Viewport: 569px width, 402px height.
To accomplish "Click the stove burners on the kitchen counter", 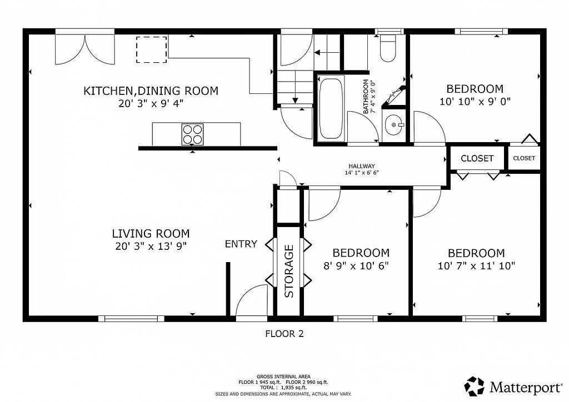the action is (x=192, y=134).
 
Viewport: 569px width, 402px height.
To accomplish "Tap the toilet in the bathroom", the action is (x=387, y=48).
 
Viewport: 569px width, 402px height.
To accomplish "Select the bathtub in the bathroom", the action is (x=331, y=109).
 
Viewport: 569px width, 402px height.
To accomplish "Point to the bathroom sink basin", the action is (x=394, y=125).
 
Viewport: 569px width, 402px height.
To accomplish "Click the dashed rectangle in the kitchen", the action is (x=152, y=49).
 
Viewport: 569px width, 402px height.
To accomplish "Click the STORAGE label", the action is (x=289, y=271).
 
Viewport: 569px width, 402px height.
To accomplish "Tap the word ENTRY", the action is (x=241, y=244).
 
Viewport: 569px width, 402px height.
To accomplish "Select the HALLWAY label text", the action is (x=361, y=166).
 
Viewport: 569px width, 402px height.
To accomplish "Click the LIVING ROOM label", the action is (x=151, y=233).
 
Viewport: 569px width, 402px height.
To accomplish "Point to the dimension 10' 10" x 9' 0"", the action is (x=475, y=101).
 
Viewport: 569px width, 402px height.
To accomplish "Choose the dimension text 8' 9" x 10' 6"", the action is (x=356, y=266).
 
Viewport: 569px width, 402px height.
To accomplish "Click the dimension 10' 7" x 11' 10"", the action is (x=476, y=266).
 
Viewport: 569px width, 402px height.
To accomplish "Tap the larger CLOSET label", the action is (x=477, y=158).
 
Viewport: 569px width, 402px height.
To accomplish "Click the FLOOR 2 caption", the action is (x=284, y=334).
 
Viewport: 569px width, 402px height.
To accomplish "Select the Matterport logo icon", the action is (x=475, y=386).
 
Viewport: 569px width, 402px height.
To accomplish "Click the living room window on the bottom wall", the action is (x=131, y=319).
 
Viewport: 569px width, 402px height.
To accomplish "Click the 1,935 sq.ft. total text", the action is (x=293, y=388).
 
